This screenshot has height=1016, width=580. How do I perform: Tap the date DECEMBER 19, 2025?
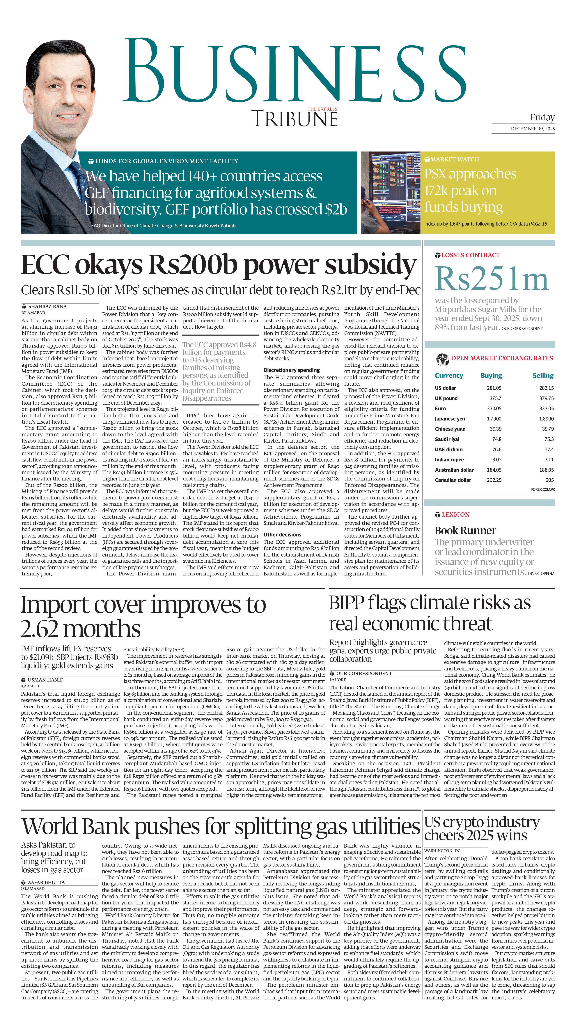(533, 129)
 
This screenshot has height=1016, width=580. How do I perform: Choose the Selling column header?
(542, 376)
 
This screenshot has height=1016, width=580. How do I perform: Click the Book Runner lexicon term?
(465, 531)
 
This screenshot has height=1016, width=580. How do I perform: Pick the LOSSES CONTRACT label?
(470, 255)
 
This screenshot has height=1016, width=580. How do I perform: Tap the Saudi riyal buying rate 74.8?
(496, 439)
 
